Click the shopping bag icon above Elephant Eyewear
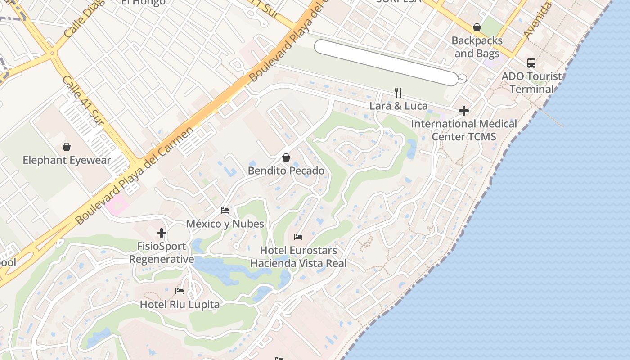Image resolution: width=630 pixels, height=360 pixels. (67, 147)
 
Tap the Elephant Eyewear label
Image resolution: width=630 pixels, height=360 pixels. (66, 160)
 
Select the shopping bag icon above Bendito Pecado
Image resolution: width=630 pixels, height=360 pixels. (286, 157)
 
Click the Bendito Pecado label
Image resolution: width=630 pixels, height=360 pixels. (286, 171)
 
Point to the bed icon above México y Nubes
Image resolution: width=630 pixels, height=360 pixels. (225, 210)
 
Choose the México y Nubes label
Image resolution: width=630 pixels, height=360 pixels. (225, 224)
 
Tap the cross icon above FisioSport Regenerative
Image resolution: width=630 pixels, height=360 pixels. (162, 233)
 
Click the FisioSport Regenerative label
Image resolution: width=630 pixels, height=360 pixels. (162, 253)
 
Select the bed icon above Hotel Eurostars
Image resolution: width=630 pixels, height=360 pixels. (298, 237)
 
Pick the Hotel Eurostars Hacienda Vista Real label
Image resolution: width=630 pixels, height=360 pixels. (299, 257)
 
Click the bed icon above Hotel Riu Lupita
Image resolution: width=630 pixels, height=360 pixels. (180, 291)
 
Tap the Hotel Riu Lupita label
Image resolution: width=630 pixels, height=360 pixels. (180, 305)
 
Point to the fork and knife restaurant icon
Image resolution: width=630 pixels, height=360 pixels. (398, 93)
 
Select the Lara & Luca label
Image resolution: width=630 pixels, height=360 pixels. (398, 106)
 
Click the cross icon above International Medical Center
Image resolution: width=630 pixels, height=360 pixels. (464, 110)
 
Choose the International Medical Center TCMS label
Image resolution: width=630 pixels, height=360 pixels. (464, 130)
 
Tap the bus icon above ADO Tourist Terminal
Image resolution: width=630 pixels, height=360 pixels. (531, 63)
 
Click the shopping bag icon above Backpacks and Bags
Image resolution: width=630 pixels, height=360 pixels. (477, 28)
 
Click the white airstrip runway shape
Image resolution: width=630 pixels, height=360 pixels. (387, 62)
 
